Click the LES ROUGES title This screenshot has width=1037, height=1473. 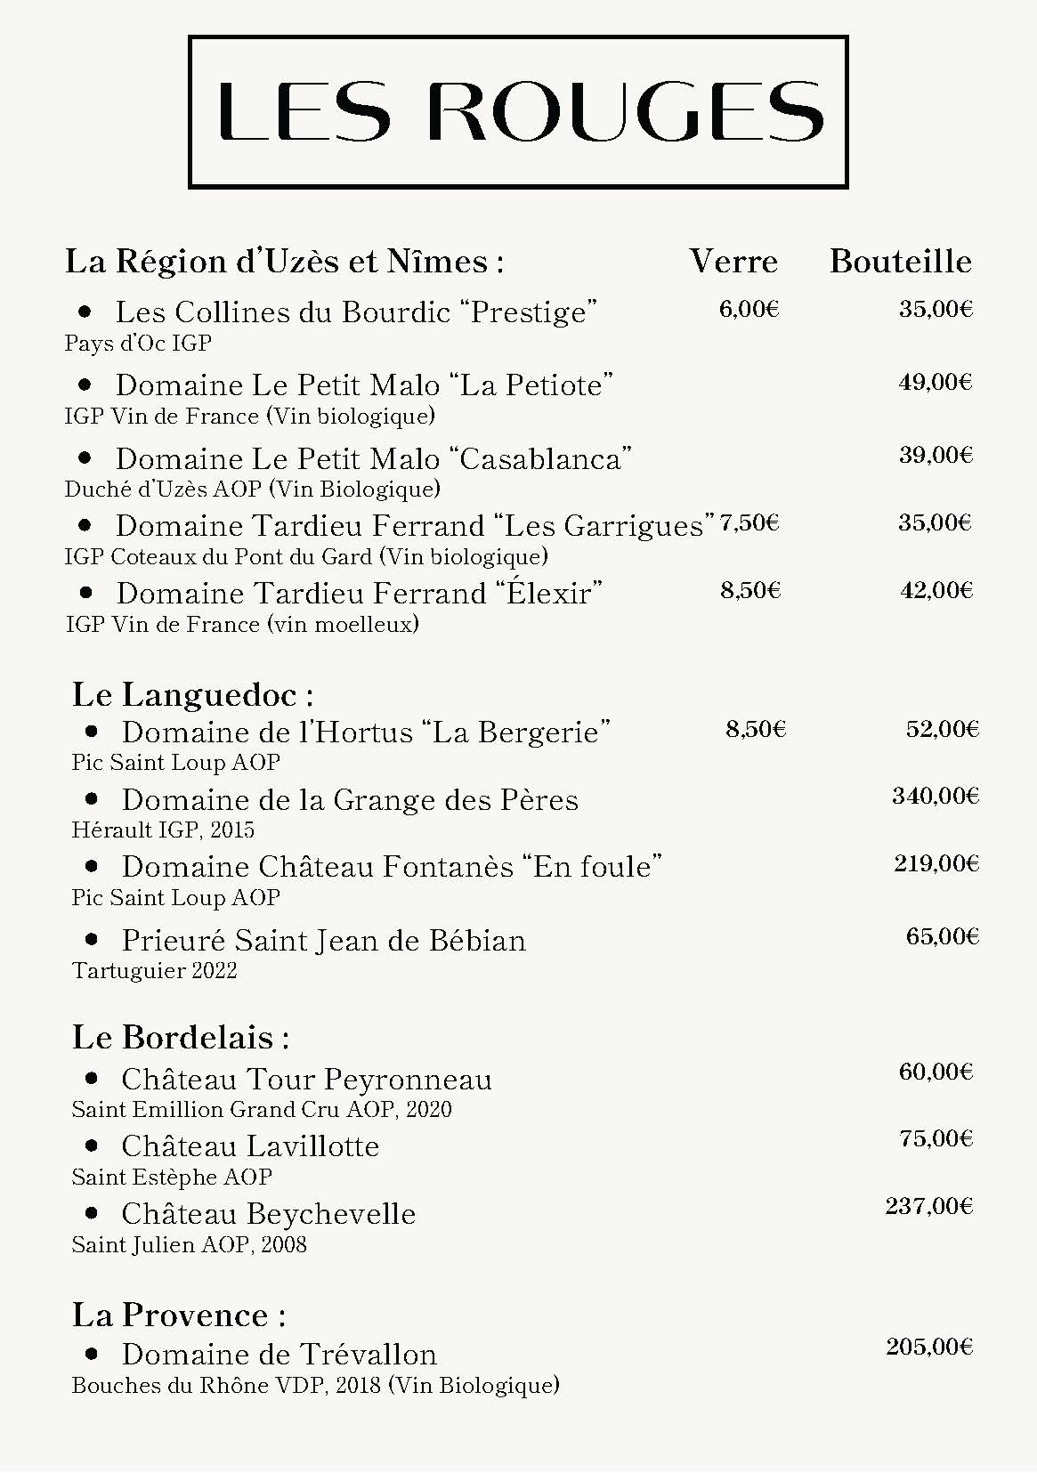(519, 111)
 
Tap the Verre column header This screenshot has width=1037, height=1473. (733, 261)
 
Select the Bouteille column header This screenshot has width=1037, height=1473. (900, 261)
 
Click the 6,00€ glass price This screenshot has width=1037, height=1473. (749, 309)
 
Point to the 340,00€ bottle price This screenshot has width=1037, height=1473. (935, 796)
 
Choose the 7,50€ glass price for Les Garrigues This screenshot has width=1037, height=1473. (749, 522)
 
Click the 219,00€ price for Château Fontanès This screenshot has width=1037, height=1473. (936, 863)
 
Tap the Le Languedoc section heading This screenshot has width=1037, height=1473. (192, 694)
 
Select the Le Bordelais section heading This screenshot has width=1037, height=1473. (181, 1037)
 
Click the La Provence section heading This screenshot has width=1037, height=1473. (179, 1315)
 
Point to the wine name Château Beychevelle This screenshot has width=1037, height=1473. (269, 1214)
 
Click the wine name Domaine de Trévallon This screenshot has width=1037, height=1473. (280, 1355)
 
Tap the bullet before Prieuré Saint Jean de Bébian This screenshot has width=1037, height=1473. (92, 938)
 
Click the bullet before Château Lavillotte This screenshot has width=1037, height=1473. (92, 1145)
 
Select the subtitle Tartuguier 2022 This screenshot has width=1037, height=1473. (155, 970)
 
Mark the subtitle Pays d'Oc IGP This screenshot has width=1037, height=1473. (138, 343)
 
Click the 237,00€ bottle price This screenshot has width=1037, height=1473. (928, 1206)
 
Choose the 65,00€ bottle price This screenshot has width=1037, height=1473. (942, 936)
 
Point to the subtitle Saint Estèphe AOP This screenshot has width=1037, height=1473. (172, 1177)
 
